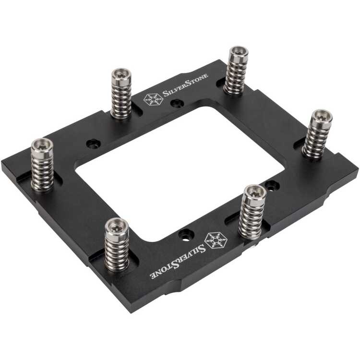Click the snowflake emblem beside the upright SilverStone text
pos(152,99)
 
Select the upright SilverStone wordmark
pos(185,91)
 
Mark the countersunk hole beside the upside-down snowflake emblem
pos(184,235)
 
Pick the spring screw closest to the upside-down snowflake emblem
pos(251,211)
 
